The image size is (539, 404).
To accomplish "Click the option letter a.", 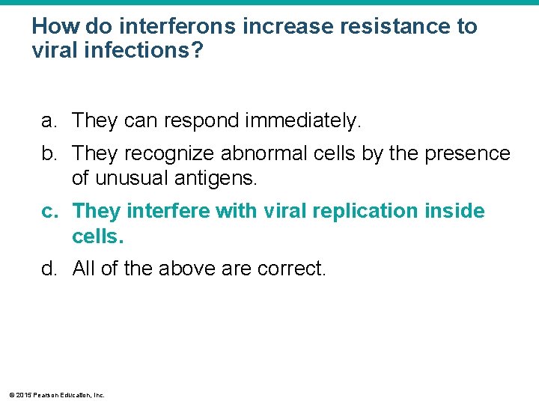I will [49, 120].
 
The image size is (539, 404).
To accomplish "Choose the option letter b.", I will [49, 153].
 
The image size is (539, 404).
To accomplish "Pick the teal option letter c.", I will [49, 212].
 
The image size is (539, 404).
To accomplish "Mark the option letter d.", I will [49, 268].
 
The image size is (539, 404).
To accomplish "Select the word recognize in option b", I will [169, 153].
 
